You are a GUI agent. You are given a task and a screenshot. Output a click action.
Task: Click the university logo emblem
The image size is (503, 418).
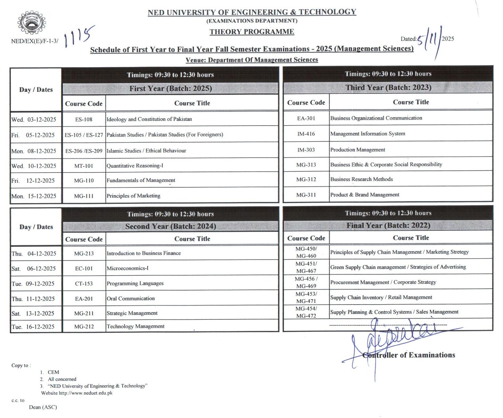pyautogui.click(x=31, y=23)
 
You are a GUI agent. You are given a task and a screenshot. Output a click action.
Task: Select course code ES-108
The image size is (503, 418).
pyautogui.click(x=84, y=119)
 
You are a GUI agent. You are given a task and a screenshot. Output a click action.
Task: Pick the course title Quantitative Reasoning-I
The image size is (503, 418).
pyautogui.click(x=135, y=166)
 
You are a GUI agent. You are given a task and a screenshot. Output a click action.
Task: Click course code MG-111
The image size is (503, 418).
pyautogui.click(x=84, y=196)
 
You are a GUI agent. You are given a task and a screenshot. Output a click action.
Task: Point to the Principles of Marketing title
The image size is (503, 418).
pyautogui.click(x=133, y=196)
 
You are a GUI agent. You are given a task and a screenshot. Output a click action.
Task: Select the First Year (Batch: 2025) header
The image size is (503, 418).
pyautogui.click(x=170, y=88)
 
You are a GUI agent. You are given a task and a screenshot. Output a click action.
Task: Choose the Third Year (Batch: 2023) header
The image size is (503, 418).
pyautogui.click(x=388, y=87)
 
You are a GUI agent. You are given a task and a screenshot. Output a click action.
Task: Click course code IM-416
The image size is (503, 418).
pyautogui.click(x=306, y=134)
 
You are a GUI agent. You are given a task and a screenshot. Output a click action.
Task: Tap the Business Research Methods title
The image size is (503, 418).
pyautogui.click(x=361, y=179)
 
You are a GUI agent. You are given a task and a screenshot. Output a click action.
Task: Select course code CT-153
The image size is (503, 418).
pyautogui.click(x=84, y=284)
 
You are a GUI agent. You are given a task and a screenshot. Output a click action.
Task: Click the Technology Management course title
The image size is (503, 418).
pyautogui.click(x=135, y=326)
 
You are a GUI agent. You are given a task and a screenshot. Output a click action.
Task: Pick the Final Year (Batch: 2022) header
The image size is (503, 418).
pyautogui.click(x=388, y=225)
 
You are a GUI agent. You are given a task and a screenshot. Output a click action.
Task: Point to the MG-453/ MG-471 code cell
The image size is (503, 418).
pyautogui.click(x=306, y=297)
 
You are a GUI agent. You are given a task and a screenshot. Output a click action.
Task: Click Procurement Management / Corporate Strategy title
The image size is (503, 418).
pyautogui.click(x=383, y=282)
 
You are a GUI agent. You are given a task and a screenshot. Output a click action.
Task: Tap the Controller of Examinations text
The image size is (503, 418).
pyautogui.click(x=408, y=355)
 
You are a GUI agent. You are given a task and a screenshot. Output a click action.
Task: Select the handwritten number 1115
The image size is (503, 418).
pyautogui.click(x=79, y=36)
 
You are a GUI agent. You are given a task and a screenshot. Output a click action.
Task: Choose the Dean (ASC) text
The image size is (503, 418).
pyautogui.click(x=43, y=407)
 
